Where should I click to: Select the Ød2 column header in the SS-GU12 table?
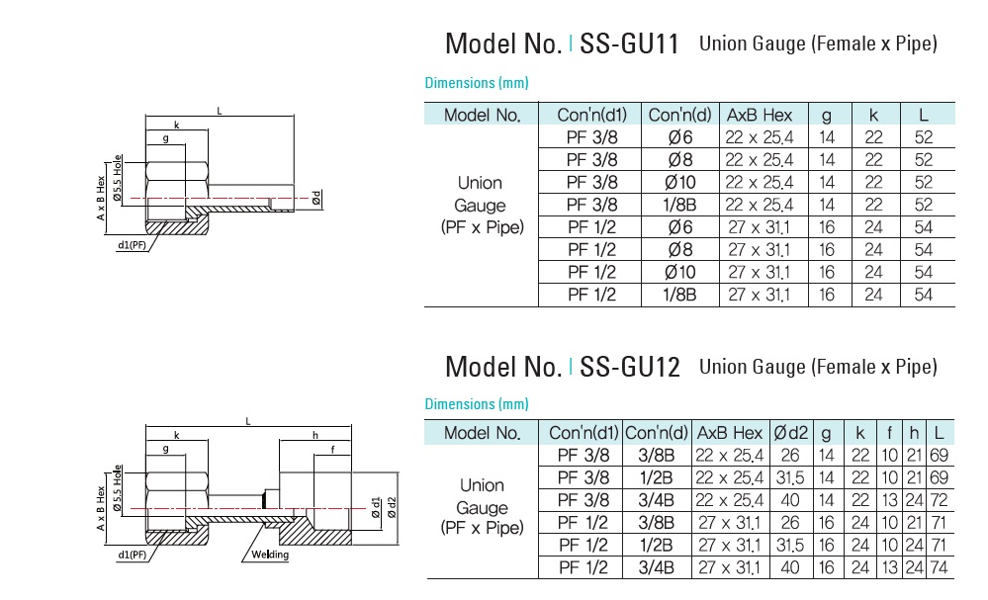(x=790, y=433)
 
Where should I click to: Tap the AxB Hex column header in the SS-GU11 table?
(x=760, y=115)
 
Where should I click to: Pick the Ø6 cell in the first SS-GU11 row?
(x=679, y=137)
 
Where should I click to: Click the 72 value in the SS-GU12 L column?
(x=939, y=500)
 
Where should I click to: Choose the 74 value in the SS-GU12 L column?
(x=939, y=567)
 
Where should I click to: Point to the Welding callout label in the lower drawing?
(x=270, y=555)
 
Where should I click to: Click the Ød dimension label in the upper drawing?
(x=316, y=198)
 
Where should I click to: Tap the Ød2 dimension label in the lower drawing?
(x=392, y=507)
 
